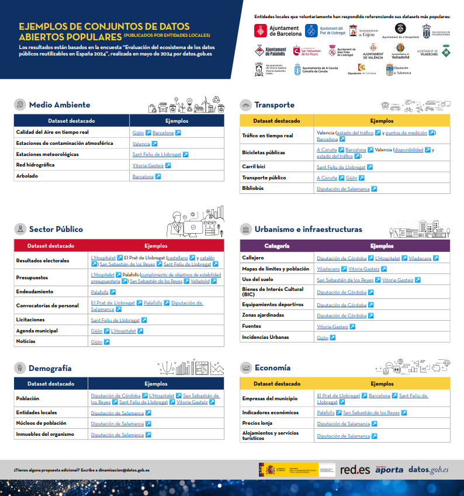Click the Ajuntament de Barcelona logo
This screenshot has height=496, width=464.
278,30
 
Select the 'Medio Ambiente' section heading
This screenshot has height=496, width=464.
60,105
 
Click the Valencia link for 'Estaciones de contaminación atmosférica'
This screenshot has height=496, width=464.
141,144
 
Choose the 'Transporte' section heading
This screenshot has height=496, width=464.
274,105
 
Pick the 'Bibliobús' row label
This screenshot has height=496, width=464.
252,189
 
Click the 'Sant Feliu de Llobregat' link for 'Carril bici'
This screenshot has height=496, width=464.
341,167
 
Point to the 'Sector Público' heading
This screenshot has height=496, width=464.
56,229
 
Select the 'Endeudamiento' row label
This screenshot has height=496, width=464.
34,292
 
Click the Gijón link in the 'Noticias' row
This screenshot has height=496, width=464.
96,342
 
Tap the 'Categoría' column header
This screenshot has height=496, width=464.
276,246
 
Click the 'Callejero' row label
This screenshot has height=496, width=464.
253,258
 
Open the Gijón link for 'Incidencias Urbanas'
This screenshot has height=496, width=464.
323,338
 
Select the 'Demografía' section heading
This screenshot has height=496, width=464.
50,368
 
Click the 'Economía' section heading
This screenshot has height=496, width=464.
272,368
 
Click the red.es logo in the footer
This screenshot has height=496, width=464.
354,469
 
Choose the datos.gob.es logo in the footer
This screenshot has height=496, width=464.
428,469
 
